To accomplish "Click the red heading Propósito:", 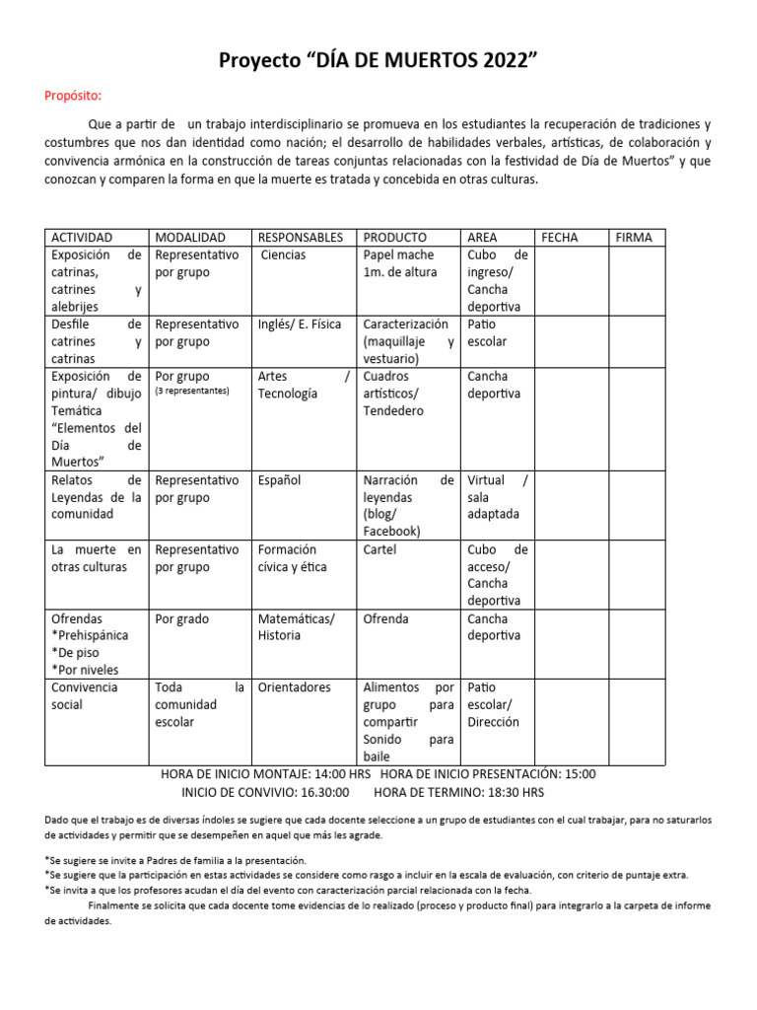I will pyautogui.click(x=73, y=96).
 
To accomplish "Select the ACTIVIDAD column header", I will pyautogui.click(x=82, y=238).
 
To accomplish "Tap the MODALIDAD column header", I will pyautogui.click(x=190, y=238).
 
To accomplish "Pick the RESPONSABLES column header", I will pyautogui.click(x=301, y=238).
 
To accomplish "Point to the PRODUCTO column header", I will pyautogui.click(x=395, y=238).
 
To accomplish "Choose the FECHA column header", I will pyautogui.click(x=560, y=238).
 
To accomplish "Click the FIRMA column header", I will pyautogui.click(x=634, y=238).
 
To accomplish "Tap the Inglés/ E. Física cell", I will pyautogui.click(x=298, y=325).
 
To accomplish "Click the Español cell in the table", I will pyautogui.click(x=280, y=480).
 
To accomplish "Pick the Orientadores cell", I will pyautogui.click(x=295, y=687).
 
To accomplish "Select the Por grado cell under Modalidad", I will pyautogui.click(x=182, y=619).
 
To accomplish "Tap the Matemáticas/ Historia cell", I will pyautogui.click(x=296, y=627).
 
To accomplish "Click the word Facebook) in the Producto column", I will pyautogui.click(x=391, y=532).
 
